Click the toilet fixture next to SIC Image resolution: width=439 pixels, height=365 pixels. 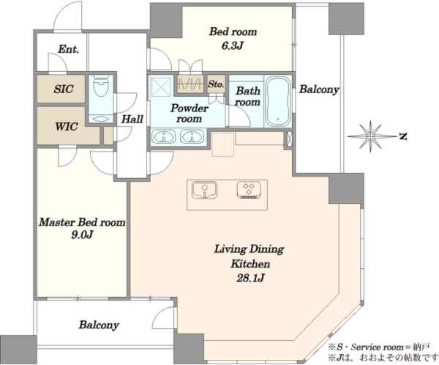click(x=101, y=86)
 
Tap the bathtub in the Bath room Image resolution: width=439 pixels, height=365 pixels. click(x=278, y=102)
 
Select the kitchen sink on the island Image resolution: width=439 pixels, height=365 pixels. click(x=204, y=191)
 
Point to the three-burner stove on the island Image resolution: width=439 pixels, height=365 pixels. click(x=249, y=191)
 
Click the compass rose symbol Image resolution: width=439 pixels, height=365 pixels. click(x=371, y=136)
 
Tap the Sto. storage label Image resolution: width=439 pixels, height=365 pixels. click(x=216, y=84)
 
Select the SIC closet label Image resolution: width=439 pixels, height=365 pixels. click(x=64, y=89)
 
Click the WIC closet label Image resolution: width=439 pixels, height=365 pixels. click(x=67, y=127)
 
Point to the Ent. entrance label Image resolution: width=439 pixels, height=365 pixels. click(x=68, y=50)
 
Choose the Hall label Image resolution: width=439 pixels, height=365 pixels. click(x=132, y=119)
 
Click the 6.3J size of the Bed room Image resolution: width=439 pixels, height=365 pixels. click(x=232, y=45)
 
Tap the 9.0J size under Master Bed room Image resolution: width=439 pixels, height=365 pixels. click(x=82, y=235)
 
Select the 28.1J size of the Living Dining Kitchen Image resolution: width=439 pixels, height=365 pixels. click(x=250, y=278)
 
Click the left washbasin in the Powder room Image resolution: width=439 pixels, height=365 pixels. click(x=163, y=136)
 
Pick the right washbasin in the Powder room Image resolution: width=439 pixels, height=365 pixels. click(x=192, y=136)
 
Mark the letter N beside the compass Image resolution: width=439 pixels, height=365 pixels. click(x=402, y=136)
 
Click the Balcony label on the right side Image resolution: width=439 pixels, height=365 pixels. click(x=319, y=89)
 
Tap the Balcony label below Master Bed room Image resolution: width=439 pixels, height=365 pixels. click(x=99, y=325)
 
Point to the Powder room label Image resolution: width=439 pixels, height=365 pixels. click(x=190, y=114)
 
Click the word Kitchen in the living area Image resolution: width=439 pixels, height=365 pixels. click(x=250, y=264)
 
